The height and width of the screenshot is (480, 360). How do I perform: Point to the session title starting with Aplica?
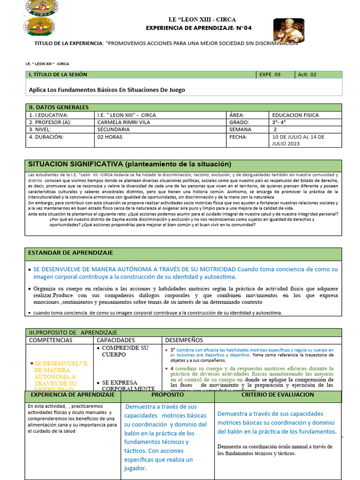(x=107, y=90)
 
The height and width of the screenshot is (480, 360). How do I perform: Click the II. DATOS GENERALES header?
(x=59, y=107)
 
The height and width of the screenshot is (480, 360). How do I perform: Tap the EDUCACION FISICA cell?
(x=295, y=115)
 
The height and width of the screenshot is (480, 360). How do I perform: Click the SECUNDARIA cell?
(x=113, y=129)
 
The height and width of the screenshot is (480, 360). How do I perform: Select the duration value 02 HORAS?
(x=110, y=137)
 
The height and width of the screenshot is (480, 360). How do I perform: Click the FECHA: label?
(x=238, y=137)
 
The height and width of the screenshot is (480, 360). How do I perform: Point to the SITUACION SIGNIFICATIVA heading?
(x=130, y=164)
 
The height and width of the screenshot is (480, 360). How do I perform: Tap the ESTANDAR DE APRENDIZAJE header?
(x=71, y=253)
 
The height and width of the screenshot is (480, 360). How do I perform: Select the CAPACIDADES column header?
(x=116, y=340)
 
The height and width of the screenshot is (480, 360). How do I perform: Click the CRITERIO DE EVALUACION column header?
(x=277, y=395)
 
